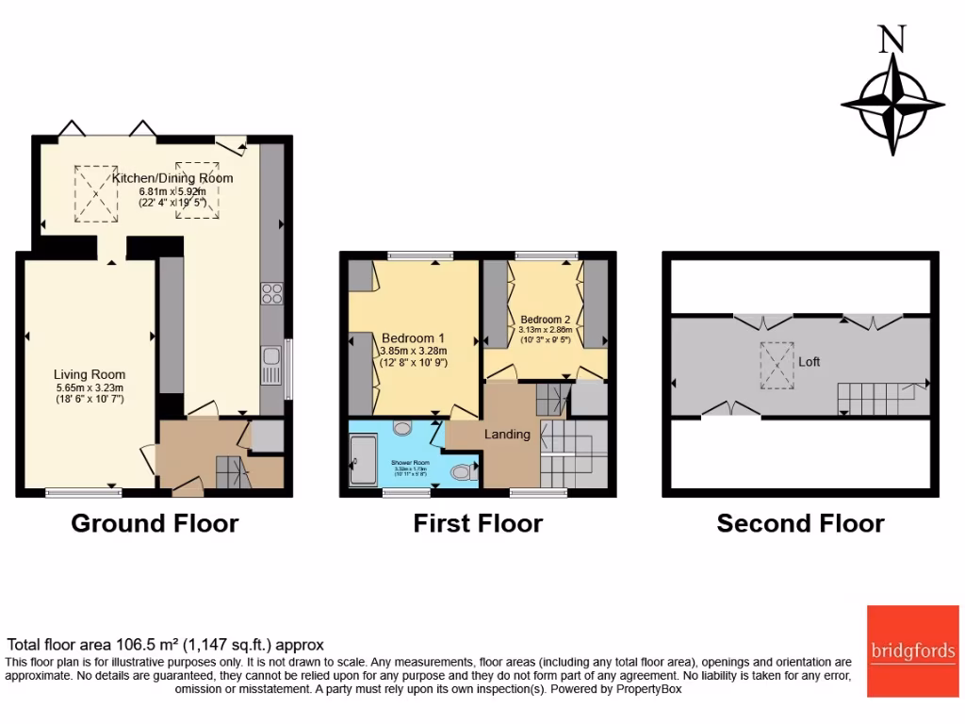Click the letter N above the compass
tap(891, 39)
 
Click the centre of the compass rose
tap(892, 104)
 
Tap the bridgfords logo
tap(912, 650)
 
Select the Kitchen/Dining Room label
tap(172, 178)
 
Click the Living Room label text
tap(90, 374)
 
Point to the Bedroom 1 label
tap(413, 337)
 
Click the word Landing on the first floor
tap(507, 435)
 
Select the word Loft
tap(810, 360)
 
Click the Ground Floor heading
tap(155, 523)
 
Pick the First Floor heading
tap(478, 523)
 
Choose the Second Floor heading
tap(800, 523)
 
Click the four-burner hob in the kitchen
tap(270, 293)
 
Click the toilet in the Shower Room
tap(460, 470)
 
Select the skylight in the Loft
tap(778, 365)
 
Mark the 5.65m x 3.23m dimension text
tap(90, 387)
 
